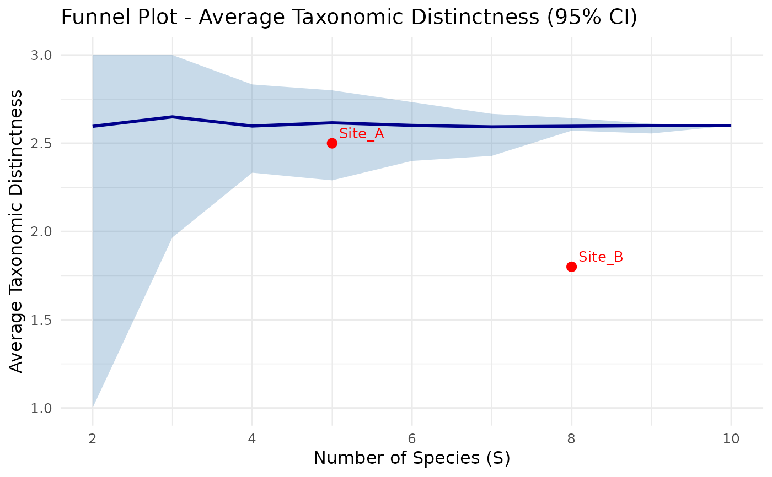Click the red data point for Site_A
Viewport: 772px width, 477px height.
(332, 143)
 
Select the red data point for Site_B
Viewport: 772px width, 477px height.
(571, 267)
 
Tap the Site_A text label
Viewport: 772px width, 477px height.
(361, 133)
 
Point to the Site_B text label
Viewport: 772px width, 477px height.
(601, 257)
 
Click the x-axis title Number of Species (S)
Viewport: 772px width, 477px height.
(411, 458)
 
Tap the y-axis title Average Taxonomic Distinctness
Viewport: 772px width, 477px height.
(17, 231)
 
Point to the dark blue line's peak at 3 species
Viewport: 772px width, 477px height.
(173, 117)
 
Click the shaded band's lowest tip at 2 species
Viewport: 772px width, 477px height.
(93, 406)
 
